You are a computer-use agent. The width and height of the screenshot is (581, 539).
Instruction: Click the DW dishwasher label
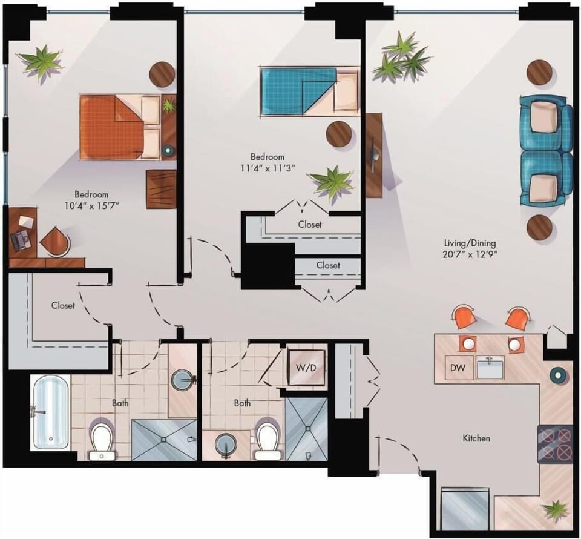tap(458, 368)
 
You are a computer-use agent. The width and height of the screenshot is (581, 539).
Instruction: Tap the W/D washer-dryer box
tap(306, 368)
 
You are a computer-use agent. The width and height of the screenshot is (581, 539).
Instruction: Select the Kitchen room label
tap(476, 438)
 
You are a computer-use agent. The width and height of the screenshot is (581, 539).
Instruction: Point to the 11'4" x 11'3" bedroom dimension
tap(267, 168)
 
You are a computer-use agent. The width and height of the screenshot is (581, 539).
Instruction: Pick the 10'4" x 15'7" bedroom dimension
tap(91, 205)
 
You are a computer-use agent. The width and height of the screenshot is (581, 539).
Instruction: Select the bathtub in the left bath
tap(50, 412)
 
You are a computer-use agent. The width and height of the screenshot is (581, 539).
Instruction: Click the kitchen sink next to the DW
tap(490, 368)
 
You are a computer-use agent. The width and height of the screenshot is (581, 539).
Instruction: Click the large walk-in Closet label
tap(63, 305)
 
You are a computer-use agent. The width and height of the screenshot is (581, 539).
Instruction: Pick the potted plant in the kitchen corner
tap(555, 511)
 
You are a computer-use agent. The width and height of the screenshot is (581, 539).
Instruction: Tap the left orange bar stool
tap(464, 317)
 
